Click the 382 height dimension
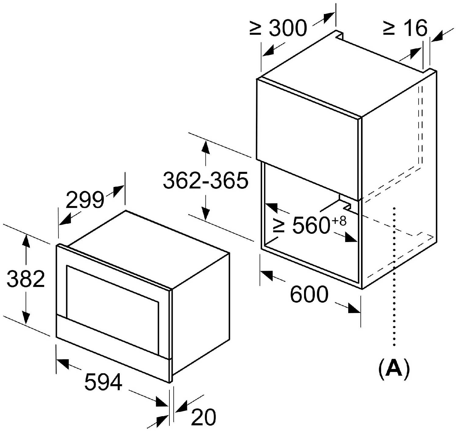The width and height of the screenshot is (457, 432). tap(26, 279)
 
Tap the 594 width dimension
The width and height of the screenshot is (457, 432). tap(103, 382)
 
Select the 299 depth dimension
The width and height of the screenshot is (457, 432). tap(85, 200)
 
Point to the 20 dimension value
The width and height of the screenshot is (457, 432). tap(204, 417)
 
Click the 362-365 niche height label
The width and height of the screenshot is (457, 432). tap(206, 180)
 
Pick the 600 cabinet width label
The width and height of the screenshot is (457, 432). tap(309, 294)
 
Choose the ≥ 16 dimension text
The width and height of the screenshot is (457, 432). tap(406, 28)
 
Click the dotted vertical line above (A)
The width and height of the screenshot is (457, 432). tap(394, 274)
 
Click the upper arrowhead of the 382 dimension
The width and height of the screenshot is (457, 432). tap(26, 239)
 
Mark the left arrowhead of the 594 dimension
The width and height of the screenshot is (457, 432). tap(62, 363)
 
